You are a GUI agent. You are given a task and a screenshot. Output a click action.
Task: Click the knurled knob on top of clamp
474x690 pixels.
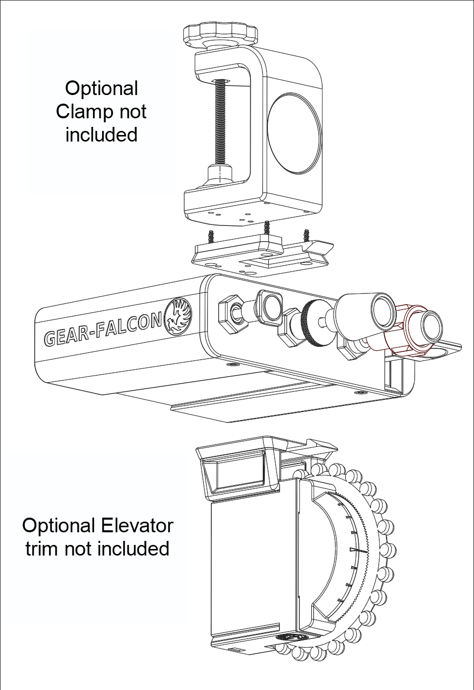coord(220,34)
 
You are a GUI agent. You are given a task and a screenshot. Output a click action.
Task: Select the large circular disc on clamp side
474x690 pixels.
coord(294,133)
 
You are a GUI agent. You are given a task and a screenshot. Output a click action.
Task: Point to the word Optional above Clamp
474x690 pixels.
coord(102,88)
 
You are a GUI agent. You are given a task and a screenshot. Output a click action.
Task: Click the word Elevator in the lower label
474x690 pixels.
coord(136,526)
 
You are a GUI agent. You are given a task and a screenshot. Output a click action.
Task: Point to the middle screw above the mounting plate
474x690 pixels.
coord(266,228)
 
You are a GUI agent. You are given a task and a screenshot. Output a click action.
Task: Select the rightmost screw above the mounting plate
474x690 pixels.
coord(306,235)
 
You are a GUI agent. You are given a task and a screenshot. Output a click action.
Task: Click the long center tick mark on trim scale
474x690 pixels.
coord(358,549)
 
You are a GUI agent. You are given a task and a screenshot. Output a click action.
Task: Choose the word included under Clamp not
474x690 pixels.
coord(102,135)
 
